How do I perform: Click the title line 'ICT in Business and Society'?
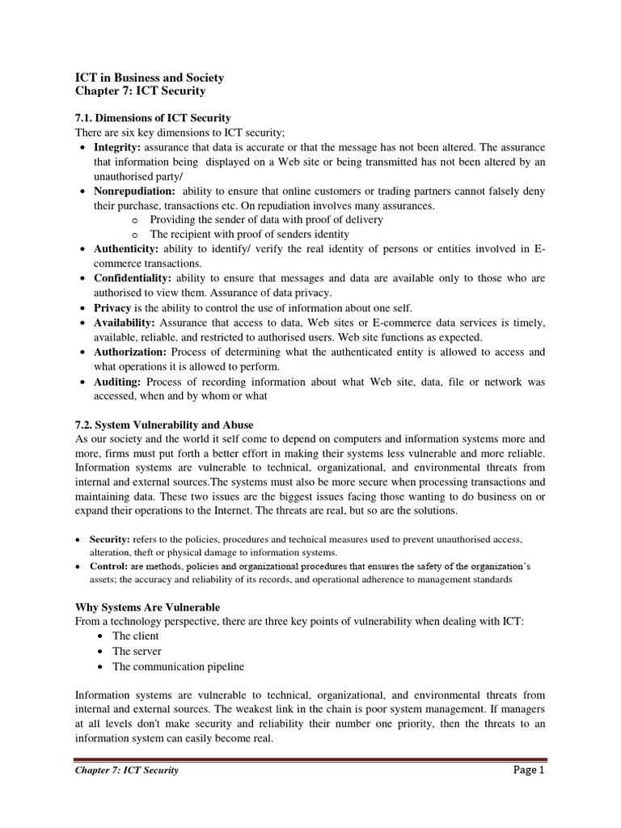click(150, 78)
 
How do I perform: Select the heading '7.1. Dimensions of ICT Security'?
click(153, 118)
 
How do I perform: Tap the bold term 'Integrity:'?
click(117, 147)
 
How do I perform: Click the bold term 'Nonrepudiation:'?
click(134, 191)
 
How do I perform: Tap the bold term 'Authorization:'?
click(130, 352)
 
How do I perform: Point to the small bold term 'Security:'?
click(109, 539)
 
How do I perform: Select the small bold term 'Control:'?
click(108, 565)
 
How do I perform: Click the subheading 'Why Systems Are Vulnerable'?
click(147, 606)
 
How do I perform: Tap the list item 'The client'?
click(135, 636)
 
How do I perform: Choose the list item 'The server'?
click(137, 651)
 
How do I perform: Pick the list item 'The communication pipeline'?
click(178, 666)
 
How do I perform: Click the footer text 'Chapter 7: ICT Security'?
click(126, 771)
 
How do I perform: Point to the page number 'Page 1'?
click(530, 771)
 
